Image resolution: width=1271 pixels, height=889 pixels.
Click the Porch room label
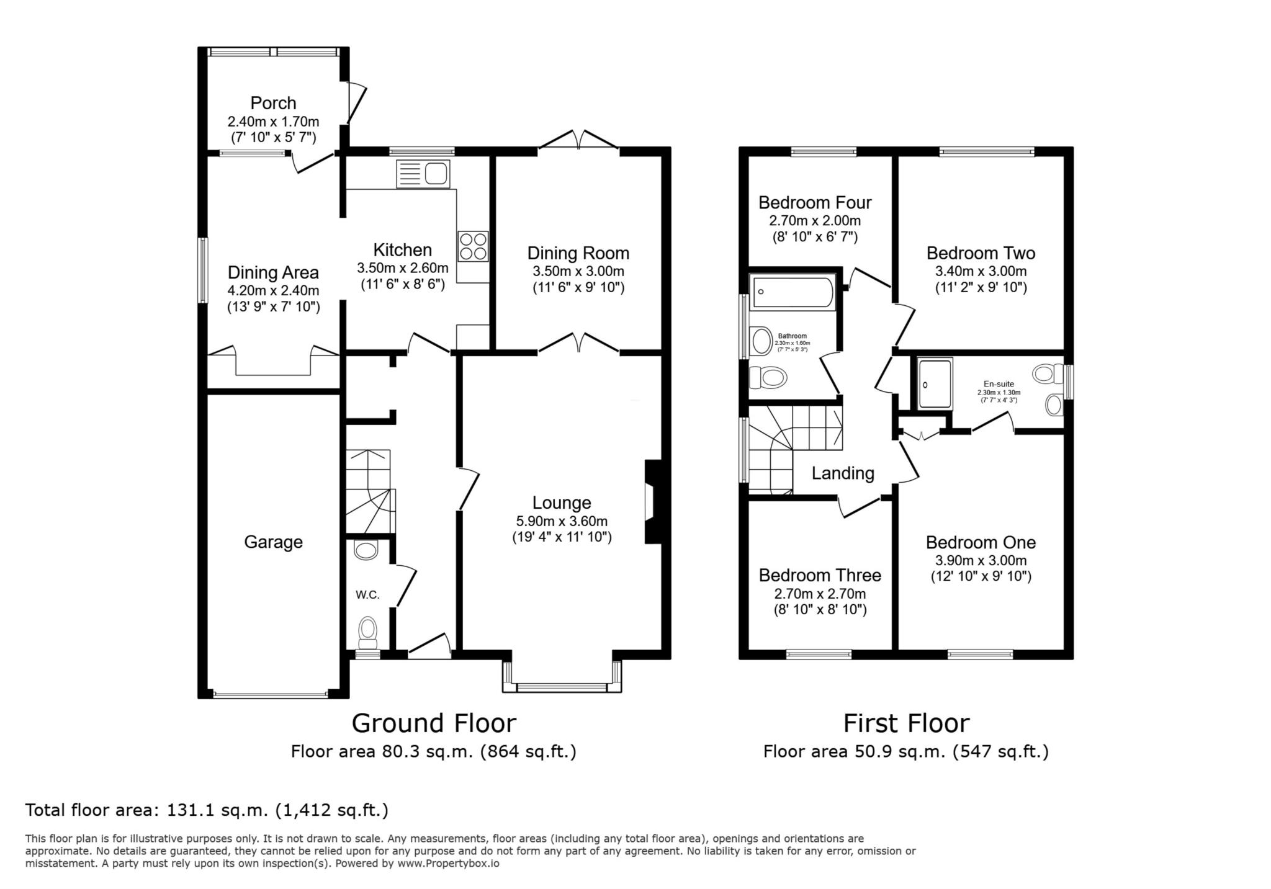pos(273,103)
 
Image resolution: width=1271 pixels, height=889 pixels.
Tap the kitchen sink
pos(423,174)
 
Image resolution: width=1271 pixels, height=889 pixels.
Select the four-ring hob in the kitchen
pos(474,246)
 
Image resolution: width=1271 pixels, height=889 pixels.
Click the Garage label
pos(273,542)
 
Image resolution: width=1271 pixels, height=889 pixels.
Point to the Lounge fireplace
pos(653,502)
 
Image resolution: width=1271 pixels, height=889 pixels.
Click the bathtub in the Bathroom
pos(793,293)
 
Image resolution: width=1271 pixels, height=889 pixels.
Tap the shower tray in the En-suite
pos(935,383)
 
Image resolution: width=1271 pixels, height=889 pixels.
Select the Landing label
pos(843,473)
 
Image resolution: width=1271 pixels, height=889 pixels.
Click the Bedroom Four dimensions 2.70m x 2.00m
pos(815,221)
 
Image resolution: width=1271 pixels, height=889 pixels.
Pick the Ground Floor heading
pos(434,723)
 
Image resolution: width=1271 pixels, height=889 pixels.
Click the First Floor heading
pos(906,723)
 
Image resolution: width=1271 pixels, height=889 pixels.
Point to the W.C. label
pos(367,595)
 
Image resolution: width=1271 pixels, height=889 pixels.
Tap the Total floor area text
pos(207,810)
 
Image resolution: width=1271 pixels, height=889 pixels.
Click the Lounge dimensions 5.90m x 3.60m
pos(562,521)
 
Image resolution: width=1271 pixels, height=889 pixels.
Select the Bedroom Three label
pos(820,575)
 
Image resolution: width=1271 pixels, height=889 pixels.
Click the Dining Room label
pos(578,253)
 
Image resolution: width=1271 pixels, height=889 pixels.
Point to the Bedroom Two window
pos(987,151)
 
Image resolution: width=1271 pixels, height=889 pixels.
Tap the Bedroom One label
pos(981,542)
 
